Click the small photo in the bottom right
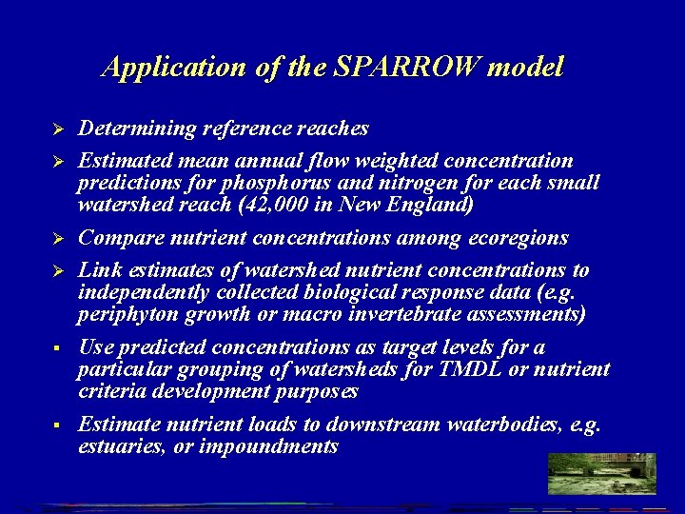pyautogui.click(x=601, y=473)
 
